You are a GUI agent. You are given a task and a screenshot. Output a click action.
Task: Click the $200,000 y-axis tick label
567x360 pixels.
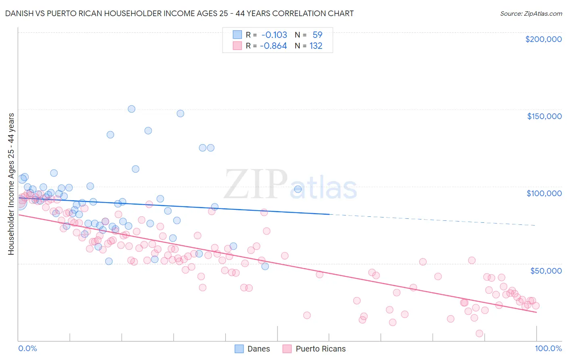coord(543,39)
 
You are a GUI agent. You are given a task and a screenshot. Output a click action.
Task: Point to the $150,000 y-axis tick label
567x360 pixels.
coord(544,116)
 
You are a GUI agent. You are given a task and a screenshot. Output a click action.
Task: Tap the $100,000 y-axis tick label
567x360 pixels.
coord(544,193)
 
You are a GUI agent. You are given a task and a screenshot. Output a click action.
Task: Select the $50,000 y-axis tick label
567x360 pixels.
coord(546,270)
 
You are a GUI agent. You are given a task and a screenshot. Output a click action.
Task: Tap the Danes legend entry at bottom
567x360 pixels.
coord(252,349)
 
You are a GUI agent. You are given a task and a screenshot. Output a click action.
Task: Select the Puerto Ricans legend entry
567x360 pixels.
coord(314,349)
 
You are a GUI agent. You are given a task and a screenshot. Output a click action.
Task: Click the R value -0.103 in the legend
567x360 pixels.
coord(274,35)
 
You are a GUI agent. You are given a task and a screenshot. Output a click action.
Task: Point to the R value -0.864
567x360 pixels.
coord(273,46)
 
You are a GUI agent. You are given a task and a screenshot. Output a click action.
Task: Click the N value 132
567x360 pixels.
coord(316,46)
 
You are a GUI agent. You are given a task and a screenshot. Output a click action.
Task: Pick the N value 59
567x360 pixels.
coord(317,35)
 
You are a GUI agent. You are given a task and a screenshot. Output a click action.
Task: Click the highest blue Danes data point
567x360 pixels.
coord(131,109)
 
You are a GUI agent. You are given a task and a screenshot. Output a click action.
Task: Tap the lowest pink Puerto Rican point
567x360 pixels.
coord(479,333)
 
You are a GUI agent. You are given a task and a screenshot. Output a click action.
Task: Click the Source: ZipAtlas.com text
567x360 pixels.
coord(531,13)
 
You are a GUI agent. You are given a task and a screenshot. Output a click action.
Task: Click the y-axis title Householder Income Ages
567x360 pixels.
coord(11,184)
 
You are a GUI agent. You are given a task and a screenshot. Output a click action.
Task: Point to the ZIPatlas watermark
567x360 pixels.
coord(290,184)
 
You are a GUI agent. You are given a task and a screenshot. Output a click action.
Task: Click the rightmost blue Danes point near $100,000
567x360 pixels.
coord(298,189)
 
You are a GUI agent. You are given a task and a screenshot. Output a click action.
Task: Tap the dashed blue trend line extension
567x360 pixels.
coord(432,220)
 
